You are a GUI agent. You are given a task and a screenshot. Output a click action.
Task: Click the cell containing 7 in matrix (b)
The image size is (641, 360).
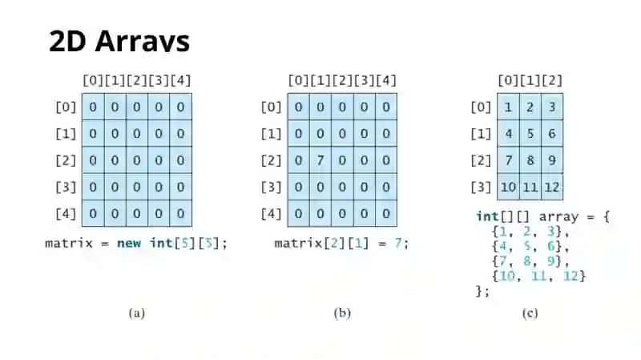(320, 160)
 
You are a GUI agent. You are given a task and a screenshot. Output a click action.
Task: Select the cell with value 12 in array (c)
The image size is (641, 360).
(552, 187)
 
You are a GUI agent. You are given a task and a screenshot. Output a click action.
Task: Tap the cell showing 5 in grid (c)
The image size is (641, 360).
(530, 133)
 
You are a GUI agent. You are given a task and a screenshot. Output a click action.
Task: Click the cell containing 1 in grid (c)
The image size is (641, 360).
(508, 107)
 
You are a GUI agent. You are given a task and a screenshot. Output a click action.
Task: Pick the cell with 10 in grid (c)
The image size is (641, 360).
(508, 187)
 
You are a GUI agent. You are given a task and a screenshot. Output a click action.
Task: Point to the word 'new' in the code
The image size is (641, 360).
(129, 243)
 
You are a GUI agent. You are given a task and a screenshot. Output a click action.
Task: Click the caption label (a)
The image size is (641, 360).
(137, 313)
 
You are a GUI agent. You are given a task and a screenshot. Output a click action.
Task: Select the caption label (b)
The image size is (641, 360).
(342, 313)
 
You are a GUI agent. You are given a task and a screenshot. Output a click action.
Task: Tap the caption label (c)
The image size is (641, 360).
(530, 313)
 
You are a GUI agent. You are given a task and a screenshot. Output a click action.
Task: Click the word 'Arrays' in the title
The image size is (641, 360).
(143, 42)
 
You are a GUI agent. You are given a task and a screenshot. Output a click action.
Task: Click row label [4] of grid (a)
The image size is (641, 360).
(66, 213)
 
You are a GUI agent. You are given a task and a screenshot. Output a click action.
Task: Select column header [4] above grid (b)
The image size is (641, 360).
(386, 81)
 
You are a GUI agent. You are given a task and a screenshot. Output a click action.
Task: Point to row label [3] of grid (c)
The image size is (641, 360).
(481, 187)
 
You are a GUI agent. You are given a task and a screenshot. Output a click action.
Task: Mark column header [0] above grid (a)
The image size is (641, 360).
(93, 81)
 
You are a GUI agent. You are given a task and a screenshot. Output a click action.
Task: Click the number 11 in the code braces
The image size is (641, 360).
(538, 276)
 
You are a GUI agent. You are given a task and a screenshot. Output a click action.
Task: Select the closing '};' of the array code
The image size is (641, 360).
(482, 291)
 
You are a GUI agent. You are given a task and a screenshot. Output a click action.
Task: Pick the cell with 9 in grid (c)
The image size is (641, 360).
(552, 160)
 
